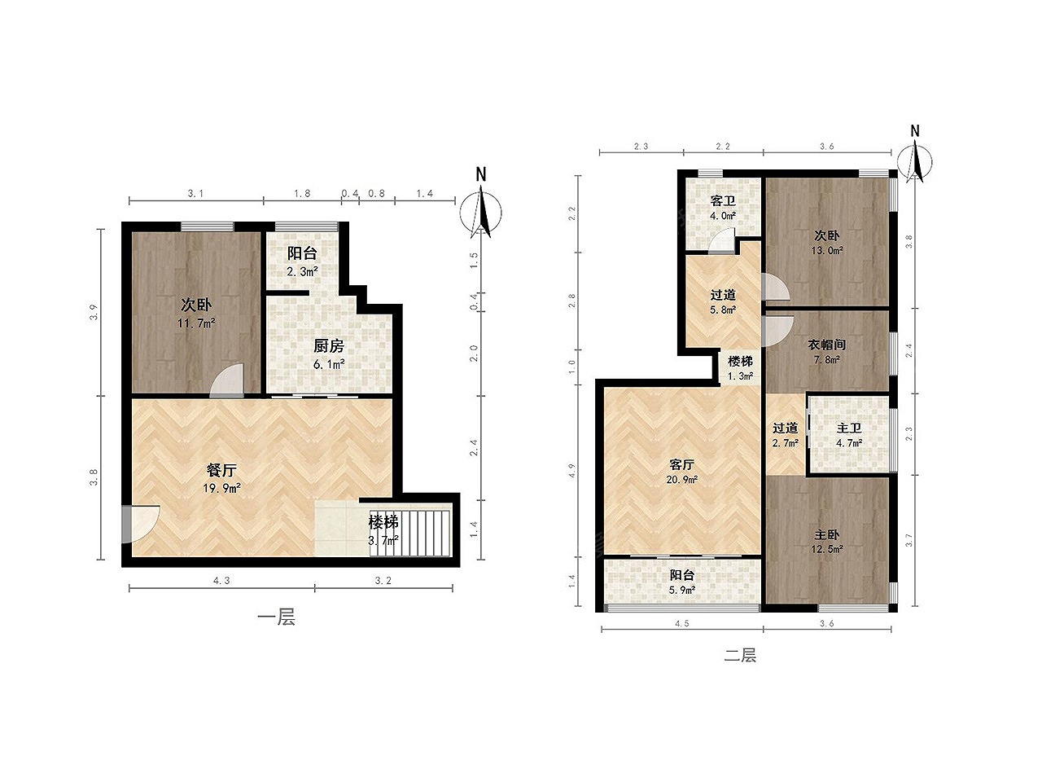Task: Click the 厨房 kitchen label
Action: tap(329, 346)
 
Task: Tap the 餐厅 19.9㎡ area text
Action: tap(221, 488)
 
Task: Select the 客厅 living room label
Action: tap(681, 463)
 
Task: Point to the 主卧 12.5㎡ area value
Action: tap(826, 549)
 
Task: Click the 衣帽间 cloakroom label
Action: tap(826, 345)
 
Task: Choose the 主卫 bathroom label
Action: tap(849, 428)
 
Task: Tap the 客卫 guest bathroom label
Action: tap(723, 200)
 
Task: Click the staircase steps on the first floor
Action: tap(410, 532)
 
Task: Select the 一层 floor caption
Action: tap(276, 617)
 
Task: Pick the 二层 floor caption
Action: tap(740, 656)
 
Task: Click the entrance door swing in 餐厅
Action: tap(141, 524)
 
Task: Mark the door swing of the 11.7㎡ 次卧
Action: tap(227, 380)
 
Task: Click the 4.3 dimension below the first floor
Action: tap(221, 580)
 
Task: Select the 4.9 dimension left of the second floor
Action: tap(571, 471)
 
